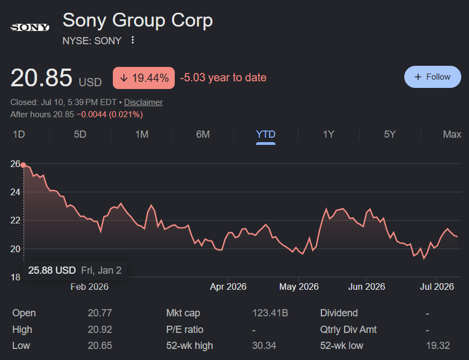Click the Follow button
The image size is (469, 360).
[x=432, y=77]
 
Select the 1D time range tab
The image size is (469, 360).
[x=19, y=134]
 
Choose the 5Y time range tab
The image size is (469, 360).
[x=390, y=134]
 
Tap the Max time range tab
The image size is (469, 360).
[x=452, y=134]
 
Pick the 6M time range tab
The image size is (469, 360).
[x=203, y=134]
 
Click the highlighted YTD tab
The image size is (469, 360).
[x=265, y=134]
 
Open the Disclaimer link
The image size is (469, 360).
[x=143, y=102]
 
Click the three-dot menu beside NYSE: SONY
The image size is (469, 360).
[x=133, y=40]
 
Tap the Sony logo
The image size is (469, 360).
[x=30, y=28]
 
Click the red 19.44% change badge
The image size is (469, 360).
[x=144, y=78]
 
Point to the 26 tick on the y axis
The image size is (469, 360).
[x=15, y=164]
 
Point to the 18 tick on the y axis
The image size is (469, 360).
[x=15, y=277]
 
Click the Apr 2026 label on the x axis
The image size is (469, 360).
[x=228, y=287]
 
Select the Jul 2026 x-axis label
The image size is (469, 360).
[x=437, y=287]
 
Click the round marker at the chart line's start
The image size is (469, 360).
[x=23, y=165]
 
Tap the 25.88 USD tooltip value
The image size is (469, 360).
[x=52, y=270]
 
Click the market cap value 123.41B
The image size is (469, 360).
[x=270, y=313]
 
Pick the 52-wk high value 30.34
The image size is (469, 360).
[x=264, y=346]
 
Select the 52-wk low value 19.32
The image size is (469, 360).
[x=438, y=346]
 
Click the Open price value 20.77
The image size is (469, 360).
[x=100, y=313]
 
